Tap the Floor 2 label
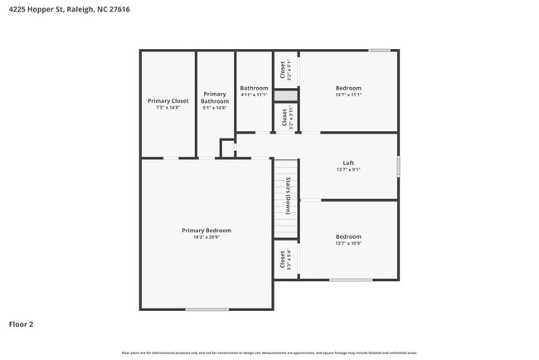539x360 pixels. click(21, 324)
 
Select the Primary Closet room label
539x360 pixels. click(168, 100)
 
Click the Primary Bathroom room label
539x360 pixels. click(215, 97)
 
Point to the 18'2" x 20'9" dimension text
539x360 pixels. click(206, 237)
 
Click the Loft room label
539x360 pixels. click(348, 163)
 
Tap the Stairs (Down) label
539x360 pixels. click(287, 196)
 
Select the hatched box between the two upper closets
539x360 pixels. click(285, 95)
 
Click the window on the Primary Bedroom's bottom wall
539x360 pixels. click(206, 309)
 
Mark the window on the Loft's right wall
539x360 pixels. click(398, 166)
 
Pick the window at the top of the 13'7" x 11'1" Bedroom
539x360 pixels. click(379, 51)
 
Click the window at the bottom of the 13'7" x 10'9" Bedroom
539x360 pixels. click(350, 280)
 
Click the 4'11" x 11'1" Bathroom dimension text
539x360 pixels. click(254, 95)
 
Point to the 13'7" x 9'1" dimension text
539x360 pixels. click(348, 169)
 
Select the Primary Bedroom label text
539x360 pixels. click(206, 230)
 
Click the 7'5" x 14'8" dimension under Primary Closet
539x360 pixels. click(168, 108)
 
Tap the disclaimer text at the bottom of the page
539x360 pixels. click(269, 353)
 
